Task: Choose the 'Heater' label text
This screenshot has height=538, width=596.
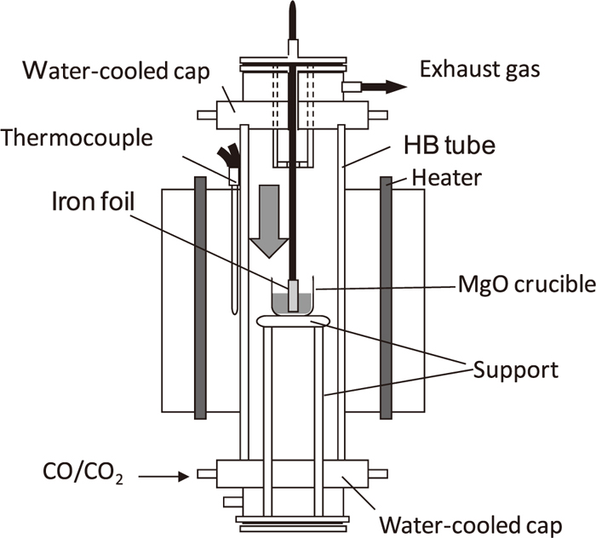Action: (x=446, y=177)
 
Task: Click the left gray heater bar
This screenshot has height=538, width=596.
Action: (x=200, y=297)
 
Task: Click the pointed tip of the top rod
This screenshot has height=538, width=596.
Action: (x=292, y=7)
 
